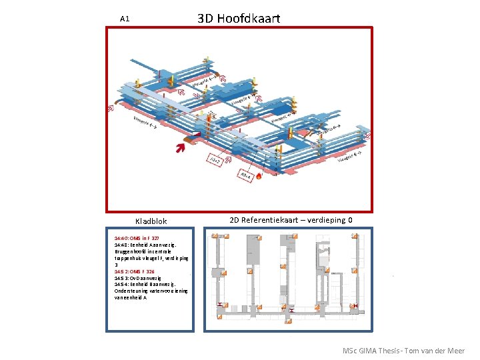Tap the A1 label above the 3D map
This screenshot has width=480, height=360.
pyautogui.click(x=124, y=19)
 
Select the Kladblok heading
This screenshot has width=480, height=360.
pyautogui.click(x=151, y=221)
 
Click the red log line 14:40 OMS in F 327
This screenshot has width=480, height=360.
pyautogui.click(x=137, y=238)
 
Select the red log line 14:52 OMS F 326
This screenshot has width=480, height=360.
pyautogui.click(x=135, y=271)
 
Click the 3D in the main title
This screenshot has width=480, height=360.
pyautogui.click(x=207, y=18)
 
